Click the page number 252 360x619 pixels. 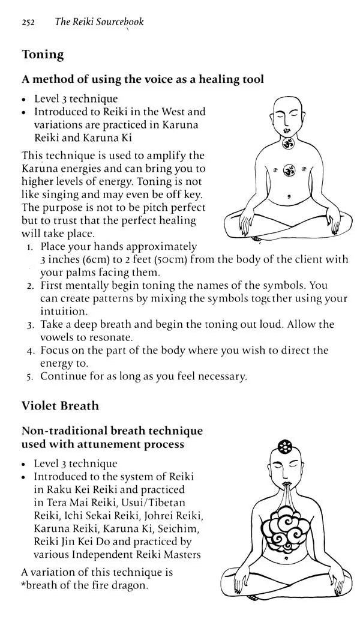click(x=28, y=22)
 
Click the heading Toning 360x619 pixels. click(x=43, y=55)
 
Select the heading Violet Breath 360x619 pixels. click(x=60, y=406)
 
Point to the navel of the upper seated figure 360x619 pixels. click(x=289, y=194)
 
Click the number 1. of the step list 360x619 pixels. click(x=30, y=247)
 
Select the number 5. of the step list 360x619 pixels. click(x=30, y=377)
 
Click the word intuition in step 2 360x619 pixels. click(x=64, y=312)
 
